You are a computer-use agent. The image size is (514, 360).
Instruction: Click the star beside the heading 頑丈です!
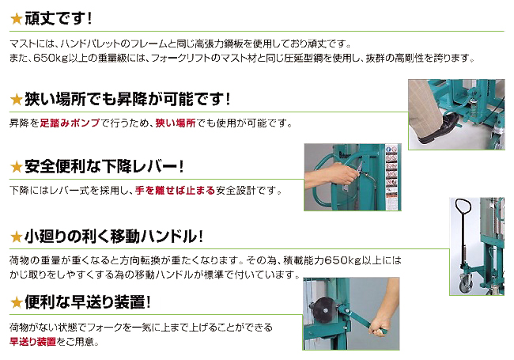pyautogui.click(x=16, y=19)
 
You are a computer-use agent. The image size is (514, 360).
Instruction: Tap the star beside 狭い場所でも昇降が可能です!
pyautogui.click(x=16, y=100)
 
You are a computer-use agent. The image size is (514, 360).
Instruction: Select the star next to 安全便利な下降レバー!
pyautogui.click(x=16, y=167)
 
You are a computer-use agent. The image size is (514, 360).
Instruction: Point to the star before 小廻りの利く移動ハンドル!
pyautogui.click(x=16, y=237)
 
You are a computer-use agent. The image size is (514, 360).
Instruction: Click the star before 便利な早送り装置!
pyautogui.click(x=16, y=302)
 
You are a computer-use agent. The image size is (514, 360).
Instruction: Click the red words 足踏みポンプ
pyautogui.click(x=70, y=123)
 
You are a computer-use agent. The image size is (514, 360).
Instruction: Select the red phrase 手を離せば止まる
pyautogui.click(x=175, y=190)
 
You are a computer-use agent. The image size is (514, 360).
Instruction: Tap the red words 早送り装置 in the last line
pyautogui.click(x=32, y=342)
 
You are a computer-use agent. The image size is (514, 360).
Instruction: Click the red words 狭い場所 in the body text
pyautogui.click(x=176, y=123)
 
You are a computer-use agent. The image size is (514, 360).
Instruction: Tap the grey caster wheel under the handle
pyautogui.click(x=466, y=282)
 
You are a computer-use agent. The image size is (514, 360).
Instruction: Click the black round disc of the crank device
pyautogui.click(x=323, y=309)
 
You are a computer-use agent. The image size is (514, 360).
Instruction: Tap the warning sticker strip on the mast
pyautogui.click(x=392, y=177)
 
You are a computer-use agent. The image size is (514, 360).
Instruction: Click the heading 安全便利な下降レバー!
pyautogui.click(x=104, y=167)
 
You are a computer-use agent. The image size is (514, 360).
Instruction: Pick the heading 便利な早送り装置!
pyautogui.click(x=88, y=302)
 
